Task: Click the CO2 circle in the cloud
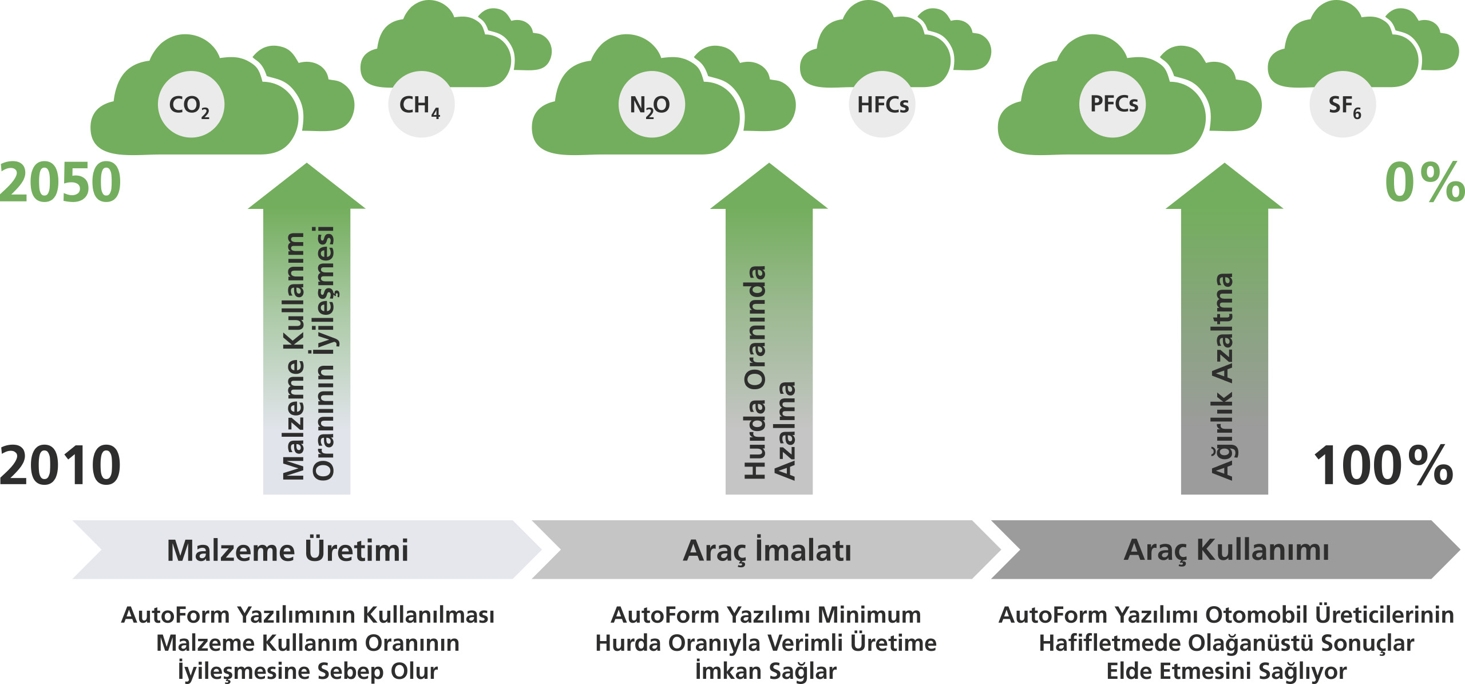coord(191,104)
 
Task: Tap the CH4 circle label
coord(421,104)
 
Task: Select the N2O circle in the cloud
coord(651,104)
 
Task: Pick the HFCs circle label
coord(882,104)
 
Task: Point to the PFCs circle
coord(1112,104)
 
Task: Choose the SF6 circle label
coord(1343,104)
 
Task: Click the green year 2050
coord(61,182)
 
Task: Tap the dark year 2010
coord(61,465)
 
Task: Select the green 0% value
coord(1424,182)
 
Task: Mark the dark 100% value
coord(1383,465)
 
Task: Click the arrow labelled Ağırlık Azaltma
coord(1225,329)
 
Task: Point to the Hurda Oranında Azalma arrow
coord(769,329)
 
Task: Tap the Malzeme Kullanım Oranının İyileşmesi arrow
coord(307,329)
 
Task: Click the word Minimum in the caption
coord(869,615)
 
